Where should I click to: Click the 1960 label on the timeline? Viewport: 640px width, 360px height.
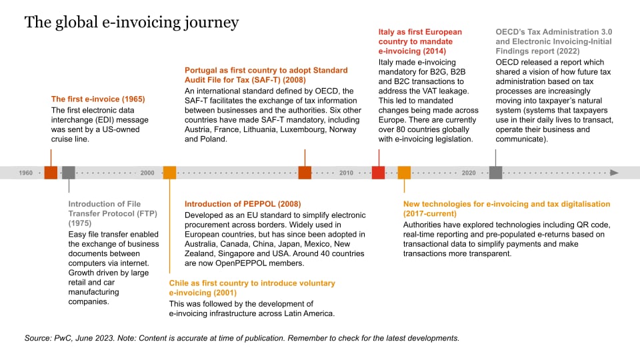pyautogui.click(x=26, y=173)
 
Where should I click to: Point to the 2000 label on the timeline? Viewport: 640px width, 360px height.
pyautogui.click(x=147, y=173)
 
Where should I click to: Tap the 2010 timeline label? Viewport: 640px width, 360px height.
pyautogui.click(x=347, y=173)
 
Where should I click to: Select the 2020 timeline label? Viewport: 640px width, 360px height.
pyautogui.click(x=469, y=173)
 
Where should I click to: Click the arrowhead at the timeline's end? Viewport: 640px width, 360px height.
pyautogui.click(x=614, y=173)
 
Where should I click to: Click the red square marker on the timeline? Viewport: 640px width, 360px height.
pyautogui.click(x=378, y=173)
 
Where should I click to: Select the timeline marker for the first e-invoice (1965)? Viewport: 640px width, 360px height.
pyautogui.click(x=51, y=173)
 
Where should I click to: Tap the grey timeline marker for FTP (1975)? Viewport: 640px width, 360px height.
pyautogui.click(x=69, y=173)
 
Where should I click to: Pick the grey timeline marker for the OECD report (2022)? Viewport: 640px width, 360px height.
pyautogui.click(x=495, y=173)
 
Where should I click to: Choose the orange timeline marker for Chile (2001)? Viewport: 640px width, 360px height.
pyautogui.click(x=169, y=173)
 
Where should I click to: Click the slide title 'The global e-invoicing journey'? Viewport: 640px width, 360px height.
pyautogui.click(x=131, y=23)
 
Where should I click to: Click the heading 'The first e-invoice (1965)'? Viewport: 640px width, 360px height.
pyautogui.click(x=98, y=99)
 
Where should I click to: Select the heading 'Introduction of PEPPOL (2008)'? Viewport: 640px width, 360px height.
pyautogui.click(x=243, y=203)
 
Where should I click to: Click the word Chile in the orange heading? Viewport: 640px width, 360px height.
pyautogui.click(x=181, y=283)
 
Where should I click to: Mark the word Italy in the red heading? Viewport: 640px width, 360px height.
pyautogui.click(x=388, y=31)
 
